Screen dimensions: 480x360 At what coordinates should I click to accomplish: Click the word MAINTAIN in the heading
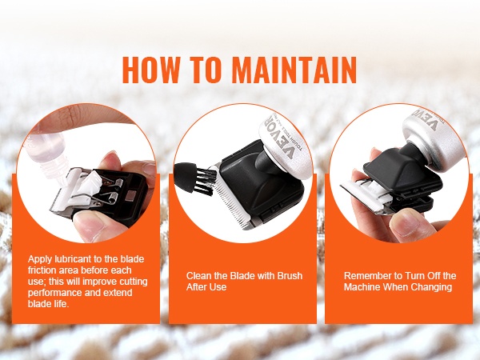click(294, 70)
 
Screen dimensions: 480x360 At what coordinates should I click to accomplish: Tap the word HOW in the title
click(150, 70)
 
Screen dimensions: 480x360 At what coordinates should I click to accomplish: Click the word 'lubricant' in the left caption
click(74, 259)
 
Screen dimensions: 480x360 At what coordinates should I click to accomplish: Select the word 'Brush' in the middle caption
click(290, 276)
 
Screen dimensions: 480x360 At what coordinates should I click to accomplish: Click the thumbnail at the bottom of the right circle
click(403, 222)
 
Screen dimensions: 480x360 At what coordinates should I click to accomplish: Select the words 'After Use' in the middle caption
click(206, 287)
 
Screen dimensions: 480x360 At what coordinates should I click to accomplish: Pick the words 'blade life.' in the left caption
click(48, 304)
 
